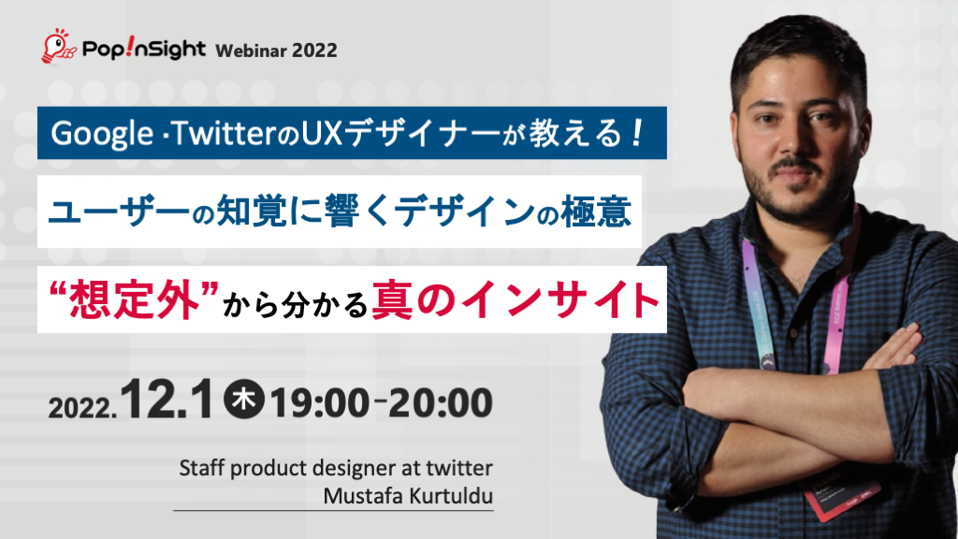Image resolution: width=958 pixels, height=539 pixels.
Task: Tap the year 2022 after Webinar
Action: click(314, 50)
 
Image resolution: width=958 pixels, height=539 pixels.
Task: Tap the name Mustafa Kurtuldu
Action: click(408, 495)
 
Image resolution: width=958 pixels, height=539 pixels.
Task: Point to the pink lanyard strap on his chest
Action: click(754, 281)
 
